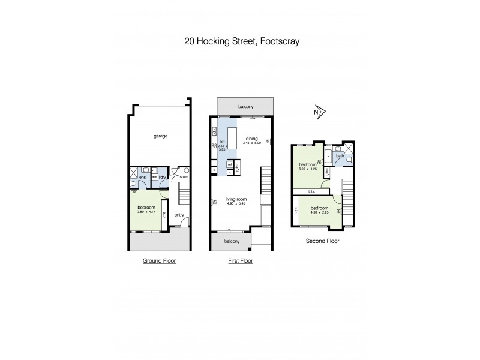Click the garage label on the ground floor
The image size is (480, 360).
click(160, 136)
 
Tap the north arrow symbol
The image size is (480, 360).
click(318, 112)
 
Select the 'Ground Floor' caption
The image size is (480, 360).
click(159, 261)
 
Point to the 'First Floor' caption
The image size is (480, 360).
click(241, 261)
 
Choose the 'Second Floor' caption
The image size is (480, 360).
click(323, 241)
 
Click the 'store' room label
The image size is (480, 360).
click(184, 177)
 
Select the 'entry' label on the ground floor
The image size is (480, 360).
click(179, 215)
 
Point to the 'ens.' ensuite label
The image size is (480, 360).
click(143, 178)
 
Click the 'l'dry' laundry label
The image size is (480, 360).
click(163, 178)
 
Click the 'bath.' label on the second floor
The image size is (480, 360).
click(339, 157)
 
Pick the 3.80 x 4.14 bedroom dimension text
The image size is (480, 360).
click(146, 211)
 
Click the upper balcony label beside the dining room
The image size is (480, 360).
click(245, 107)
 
